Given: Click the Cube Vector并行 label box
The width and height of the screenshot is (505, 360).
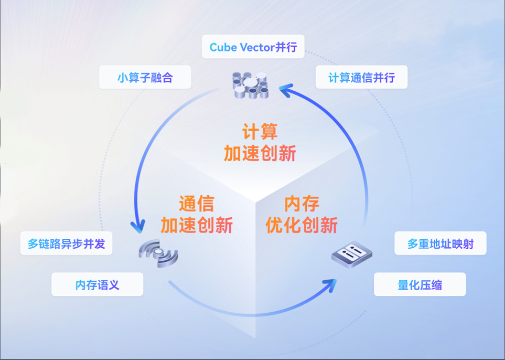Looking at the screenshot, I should point(253,47).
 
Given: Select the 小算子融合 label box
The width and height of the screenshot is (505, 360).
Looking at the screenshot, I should point(145,78).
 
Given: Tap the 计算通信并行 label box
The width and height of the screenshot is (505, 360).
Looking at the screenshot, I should point(361,78).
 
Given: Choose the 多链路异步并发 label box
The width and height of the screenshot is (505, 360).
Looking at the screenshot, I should point(66,244).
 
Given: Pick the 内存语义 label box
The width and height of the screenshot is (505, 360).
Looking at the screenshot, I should point(97,285).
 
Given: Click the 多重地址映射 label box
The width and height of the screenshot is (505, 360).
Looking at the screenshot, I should point(440,244).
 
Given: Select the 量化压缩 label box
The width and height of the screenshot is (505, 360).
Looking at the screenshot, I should point(420,285).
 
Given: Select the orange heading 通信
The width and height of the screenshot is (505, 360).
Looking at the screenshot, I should point(196,204).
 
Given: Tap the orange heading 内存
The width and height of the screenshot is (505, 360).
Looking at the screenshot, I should point(302,204).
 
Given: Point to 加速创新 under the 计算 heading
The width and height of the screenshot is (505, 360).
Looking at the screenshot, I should point(260,153).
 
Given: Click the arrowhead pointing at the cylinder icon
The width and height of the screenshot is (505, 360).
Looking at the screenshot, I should point(285,90).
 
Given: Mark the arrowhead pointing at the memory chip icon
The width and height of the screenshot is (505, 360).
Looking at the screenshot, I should point(330,285).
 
